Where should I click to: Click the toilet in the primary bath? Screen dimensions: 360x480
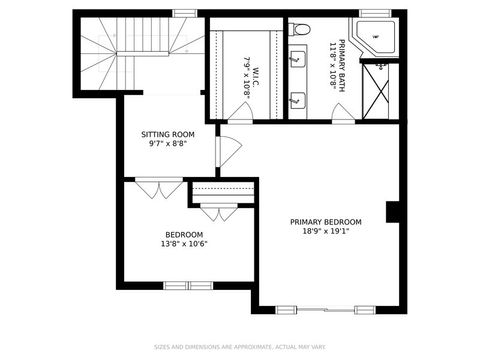pos(301,30)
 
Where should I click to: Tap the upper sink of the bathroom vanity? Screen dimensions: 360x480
pos(298,60)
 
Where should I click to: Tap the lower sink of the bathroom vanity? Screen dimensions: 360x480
pos(298,100)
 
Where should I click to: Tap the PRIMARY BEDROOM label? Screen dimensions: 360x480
pos(326,222)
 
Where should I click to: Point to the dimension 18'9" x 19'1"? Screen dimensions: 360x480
pos(326,232)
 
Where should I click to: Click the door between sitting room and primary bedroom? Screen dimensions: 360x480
pos(228,150)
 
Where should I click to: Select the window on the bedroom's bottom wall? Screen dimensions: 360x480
pos(188,286)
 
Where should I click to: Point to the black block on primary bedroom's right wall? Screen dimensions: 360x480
pos(393,213)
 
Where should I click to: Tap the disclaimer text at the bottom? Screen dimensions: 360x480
pos(240,348)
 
